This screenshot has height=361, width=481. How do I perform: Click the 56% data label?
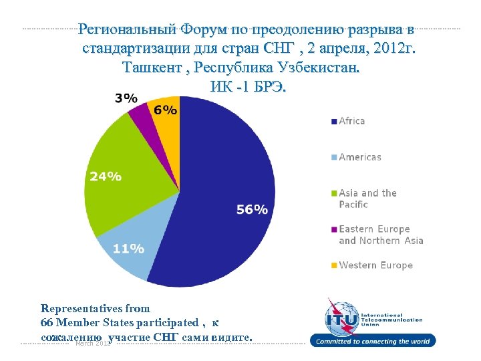252,209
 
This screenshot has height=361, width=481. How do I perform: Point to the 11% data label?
128,249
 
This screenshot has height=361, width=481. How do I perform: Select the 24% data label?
106,176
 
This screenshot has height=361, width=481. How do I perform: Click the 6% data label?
166,110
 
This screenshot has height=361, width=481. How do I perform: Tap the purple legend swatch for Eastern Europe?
333,230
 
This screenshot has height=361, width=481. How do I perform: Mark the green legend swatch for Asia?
333,194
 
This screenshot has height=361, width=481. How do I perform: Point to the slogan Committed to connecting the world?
373,342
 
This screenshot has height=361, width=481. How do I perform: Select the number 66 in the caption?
47,324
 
